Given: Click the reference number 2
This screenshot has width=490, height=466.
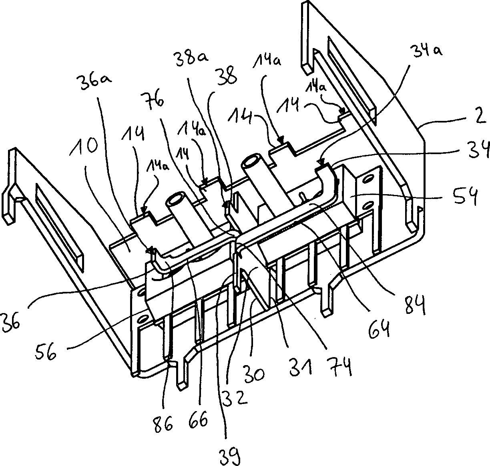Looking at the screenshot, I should click(479, 119).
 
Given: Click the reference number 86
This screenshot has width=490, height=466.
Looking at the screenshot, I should click(162, 423).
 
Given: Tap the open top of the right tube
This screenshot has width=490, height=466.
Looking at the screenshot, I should click(250, 162).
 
